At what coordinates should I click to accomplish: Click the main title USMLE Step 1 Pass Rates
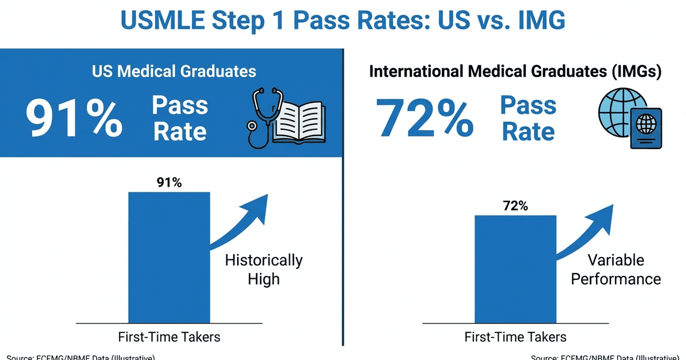tap(343, 21)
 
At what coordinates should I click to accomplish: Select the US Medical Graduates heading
tap(174, 71)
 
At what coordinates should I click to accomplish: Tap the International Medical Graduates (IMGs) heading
tap(515, 71)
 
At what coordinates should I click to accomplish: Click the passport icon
tap(646, 129)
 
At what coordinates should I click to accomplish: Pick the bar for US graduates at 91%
tap(169, 257)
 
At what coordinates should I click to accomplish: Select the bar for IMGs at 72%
tap(515, 269)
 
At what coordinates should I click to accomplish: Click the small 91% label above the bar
tap(169, 183)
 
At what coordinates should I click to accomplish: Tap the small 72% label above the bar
tap(515, 206)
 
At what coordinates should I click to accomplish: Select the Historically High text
tap(264, 269)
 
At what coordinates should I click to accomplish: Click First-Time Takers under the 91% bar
tap(169, 337)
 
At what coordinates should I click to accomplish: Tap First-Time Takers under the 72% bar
tap(515, 337)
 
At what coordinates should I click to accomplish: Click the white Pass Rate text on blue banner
tap(180, 119)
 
